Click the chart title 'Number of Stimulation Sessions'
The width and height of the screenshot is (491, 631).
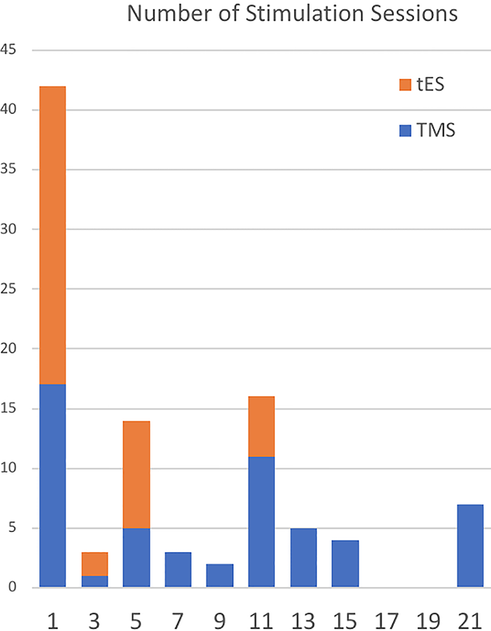tap(292, 13)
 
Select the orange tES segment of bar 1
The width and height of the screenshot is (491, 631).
tap(52, 235)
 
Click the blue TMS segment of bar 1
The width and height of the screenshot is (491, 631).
tap(52, 486)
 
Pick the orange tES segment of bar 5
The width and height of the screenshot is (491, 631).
tap(136, 474)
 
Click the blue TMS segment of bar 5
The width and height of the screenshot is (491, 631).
tap(136, 557)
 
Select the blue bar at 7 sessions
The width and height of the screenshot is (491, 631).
tap(178, 569)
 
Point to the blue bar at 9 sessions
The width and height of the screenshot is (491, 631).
tap(219, 576)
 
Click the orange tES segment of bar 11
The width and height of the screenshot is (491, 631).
tap(261, 426)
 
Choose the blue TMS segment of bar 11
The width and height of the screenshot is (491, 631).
tap(261, 521)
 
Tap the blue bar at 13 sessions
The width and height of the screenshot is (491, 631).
tap(303, 557)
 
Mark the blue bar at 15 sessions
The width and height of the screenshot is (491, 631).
tap(344, 563)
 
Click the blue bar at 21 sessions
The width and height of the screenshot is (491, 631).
tap(470, 545)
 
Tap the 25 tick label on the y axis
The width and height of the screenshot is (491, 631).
tap(10, 289)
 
